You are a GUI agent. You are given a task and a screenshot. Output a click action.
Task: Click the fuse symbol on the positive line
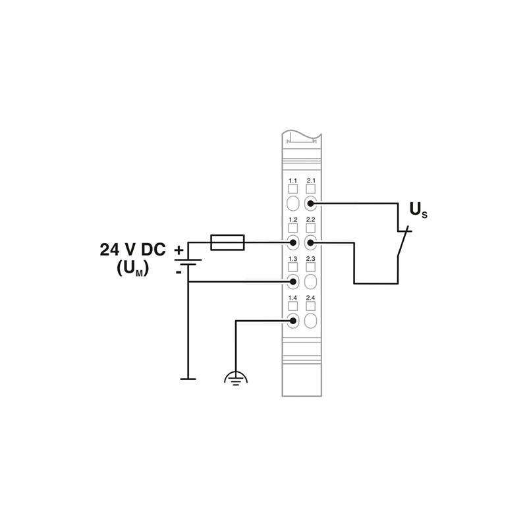pyautogui.click(x=227, y=242)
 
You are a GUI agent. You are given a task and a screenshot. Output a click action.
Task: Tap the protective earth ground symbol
pyautogui.click(x=236, y=378)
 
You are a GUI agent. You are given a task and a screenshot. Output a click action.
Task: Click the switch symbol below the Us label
pyautogui.click(x=402, y=242)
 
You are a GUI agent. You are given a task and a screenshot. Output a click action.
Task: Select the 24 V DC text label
pyautogui.click(x=133, y=250)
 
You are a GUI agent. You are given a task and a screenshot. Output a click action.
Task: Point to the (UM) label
pyautogui.click(x=133, y=269)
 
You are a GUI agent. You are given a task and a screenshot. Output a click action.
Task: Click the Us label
pyautogui.click(x=418, y=210)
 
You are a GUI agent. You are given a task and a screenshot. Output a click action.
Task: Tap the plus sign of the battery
pyautogui.click(x=179, y=250)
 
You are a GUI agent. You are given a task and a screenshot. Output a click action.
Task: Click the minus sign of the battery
pyautogui.click(x=179, y=271)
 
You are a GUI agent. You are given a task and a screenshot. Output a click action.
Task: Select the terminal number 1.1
pyautogui.click(x=292, y=180)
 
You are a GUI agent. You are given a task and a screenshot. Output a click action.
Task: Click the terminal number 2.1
pyautogui.click(x=311, y=180)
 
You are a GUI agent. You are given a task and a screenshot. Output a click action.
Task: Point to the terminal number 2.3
pyautogui.click(x=310, y=259)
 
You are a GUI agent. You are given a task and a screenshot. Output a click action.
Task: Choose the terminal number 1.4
pyautogui.click(x=292, y=298)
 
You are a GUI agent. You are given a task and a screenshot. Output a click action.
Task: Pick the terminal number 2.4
pyautogui.click(x=310, y=298)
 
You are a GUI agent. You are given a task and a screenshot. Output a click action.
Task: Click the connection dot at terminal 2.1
pyautogui.click(x=310, y=204)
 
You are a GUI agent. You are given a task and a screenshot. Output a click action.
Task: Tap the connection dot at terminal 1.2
pyautogui.click(x=292, y=242)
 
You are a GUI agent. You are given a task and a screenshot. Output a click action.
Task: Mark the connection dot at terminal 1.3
pyautogui.click(x=292, y=282)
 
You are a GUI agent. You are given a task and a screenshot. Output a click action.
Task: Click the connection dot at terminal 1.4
pyautogui.click(x=292, y=321)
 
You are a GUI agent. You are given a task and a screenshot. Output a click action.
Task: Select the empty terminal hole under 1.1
pyautogui.click(x=292, y=204)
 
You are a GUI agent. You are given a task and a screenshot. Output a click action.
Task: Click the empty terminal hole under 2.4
pyautogui.click(x=310, y=321)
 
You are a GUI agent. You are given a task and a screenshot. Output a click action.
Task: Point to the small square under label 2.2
pyautogui.click(x=310, y=228)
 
